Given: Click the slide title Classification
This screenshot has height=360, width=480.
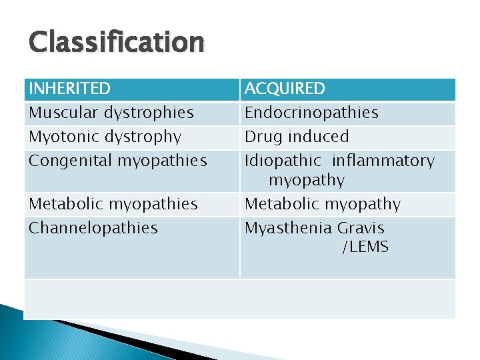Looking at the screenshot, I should coord(116,43).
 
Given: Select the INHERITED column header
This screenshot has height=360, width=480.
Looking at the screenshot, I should coord(69,89).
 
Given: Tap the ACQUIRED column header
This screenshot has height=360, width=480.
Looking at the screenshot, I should coord(285,89).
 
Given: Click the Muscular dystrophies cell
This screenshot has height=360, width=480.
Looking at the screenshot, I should coord(111,113).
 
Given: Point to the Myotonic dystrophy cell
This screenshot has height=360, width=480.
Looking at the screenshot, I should coord(105,137).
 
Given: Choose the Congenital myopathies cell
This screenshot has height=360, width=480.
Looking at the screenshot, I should coord(117,161).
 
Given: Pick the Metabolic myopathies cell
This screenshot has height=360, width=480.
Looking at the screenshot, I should coord(113,204).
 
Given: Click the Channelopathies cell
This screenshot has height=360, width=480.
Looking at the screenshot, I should coord(93,228).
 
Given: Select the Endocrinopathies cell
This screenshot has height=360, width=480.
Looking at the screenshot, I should coord(311,113).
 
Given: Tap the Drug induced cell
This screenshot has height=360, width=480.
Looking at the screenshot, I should coord(297,137).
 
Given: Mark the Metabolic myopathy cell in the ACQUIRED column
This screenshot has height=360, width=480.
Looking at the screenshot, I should coord(323,204).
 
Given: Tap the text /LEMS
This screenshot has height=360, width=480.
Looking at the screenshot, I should coord(365,247).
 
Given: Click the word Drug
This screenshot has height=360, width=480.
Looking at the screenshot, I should coord(263,137).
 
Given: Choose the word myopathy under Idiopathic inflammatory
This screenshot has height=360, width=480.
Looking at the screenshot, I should coord(307,180).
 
